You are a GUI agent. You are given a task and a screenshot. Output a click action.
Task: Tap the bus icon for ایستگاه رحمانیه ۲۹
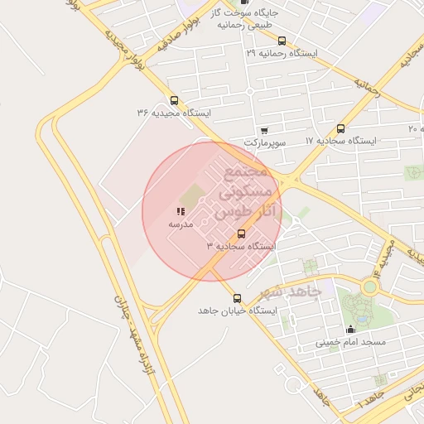click(x=282, y=41)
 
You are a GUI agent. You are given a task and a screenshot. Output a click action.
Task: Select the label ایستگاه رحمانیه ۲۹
click(x=282, y=52)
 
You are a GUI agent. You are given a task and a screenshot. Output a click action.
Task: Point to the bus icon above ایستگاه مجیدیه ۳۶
click(x=173, y=100)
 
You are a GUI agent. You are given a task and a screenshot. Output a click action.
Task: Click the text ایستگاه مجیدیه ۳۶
click(x=175, y=112)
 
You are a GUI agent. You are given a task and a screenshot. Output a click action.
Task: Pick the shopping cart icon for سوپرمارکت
click(x=264, y=131)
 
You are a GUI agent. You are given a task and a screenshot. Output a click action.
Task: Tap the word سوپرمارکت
click(x=265, y=142)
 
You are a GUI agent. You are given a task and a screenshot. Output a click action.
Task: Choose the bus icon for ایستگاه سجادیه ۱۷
click(x=340, y=128)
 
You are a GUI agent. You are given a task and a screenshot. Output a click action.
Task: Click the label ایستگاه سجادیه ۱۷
click(x=340, y=141)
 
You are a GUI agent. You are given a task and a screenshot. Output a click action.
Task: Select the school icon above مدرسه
click(x=181, y=212)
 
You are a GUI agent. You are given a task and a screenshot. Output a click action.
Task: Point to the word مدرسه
click(x=181, y=224)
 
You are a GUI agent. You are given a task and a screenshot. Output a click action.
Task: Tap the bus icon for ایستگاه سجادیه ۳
click(x=242, y=234)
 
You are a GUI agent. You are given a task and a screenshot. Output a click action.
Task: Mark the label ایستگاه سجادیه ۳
click(x=241, y=246)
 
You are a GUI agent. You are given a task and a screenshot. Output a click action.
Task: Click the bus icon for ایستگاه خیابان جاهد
click(x=238, y=298)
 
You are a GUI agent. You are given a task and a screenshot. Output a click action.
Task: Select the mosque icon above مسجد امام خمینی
click(x=349, y=329)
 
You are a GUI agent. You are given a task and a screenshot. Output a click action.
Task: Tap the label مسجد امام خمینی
click(x=350, y=341)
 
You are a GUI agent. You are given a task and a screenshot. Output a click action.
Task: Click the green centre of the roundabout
click(x=369, y=287)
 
